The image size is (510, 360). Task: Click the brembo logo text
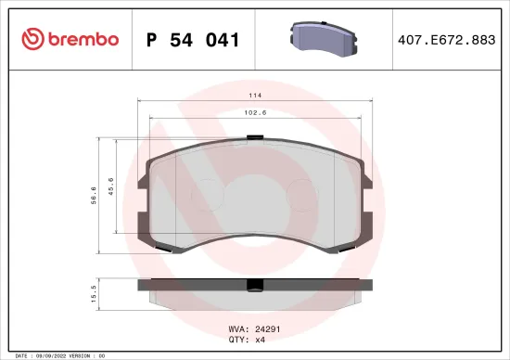click(x=77, y=39)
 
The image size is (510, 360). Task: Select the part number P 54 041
click(x=194, y=40)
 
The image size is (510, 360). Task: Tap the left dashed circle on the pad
click(x=207, y=193)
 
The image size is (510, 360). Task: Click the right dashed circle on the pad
click(x=304, y=193)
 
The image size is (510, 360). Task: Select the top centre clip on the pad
click(x=255, y=138)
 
